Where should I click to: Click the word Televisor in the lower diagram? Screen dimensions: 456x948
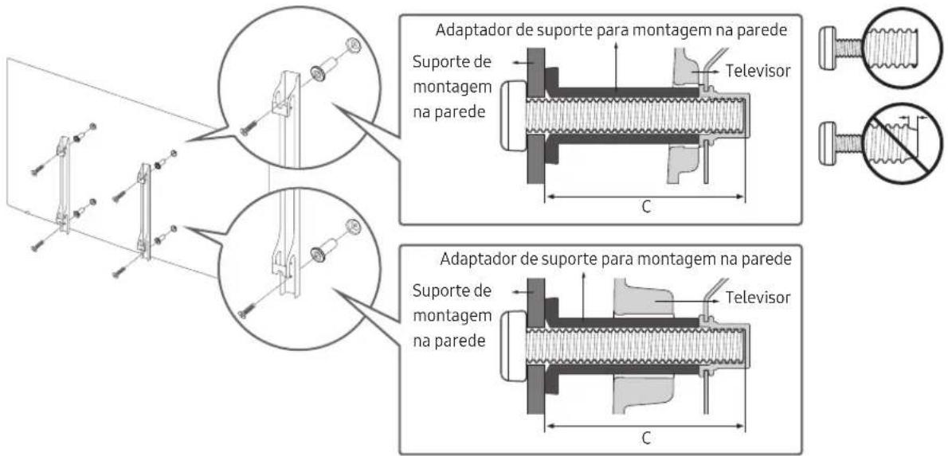[757, 298]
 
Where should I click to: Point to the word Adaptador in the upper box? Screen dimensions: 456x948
[468, 30]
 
